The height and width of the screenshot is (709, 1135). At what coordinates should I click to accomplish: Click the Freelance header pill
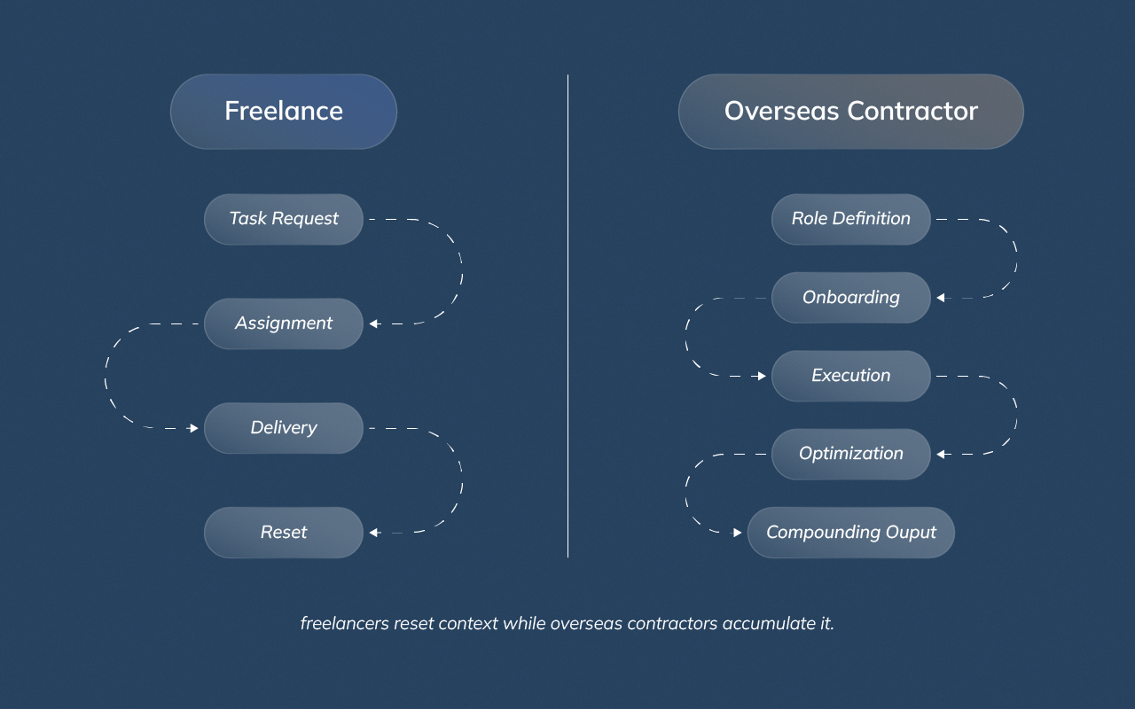(284, 112)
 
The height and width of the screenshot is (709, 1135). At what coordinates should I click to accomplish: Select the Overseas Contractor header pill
(850, 112)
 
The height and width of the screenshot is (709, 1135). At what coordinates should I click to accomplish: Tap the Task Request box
(284, 219)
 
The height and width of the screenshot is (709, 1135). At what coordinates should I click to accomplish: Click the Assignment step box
(284, 323)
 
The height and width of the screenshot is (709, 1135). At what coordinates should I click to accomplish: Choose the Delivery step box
(284, 428)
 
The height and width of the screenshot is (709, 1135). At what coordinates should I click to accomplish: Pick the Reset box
(284, 533)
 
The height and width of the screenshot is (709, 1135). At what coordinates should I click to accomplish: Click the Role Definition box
(850, 219)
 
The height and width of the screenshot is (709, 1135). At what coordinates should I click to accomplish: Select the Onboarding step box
(850, 298)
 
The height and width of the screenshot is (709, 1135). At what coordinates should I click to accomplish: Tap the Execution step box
(850, 376)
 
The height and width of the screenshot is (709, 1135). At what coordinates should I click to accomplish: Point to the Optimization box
(850, 454)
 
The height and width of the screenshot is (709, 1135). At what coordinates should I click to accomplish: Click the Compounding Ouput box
(850, 533)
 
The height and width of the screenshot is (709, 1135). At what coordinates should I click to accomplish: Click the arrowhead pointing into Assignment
(374, 324)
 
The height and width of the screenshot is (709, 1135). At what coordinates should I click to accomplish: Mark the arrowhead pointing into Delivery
(193, 428)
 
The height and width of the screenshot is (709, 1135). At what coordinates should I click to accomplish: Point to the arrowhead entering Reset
(374, 533)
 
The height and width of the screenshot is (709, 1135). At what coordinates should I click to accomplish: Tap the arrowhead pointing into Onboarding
(941, 298)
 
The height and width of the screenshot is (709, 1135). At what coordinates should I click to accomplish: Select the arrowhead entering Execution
(761, 376)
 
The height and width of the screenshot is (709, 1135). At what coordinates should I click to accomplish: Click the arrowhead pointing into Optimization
(941, 454)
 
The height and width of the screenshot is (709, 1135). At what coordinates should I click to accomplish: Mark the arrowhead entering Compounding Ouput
(737, 533)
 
